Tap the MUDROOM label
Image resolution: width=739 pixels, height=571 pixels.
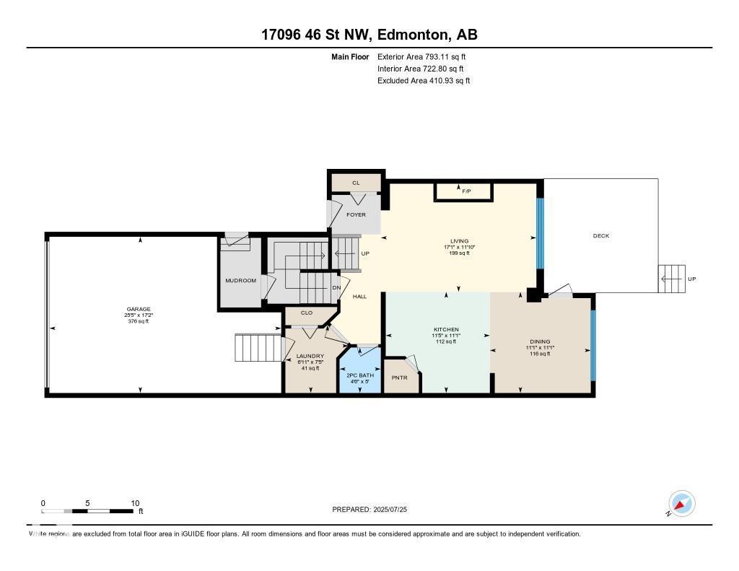pyautogui.click(x=240, y=281)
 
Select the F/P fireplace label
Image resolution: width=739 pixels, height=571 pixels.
pyautogui.click(x=465, y=191)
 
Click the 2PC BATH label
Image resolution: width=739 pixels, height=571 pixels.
pyautogui.click(x=359, y=375)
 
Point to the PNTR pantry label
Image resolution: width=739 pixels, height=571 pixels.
pyautogui.click(x=400, y=377)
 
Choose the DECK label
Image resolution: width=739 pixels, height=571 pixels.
pyautogui.click(x=600, y=236)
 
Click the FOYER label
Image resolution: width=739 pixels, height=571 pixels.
pyautogui.click(x=356, y=215)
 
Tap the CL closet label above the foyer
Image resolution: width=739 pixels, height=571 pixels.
pyautogui.click(x=356, y=183)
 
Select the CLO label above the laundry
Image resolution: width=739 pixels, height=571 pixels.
pyautogui.click(x=306, y=313)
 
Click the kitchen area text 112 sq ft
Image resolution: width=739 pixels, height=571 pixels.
pyautogui.click(x=446, y=341)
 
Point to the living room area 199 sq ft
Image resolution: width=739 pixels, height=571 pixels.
pyautogui.click(x=459, y=253)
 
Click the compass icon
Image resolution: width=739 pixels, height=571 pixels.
pyautogui.click(x=681, y=503)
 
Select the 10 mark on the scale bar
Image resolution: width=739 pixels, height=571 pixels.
pyautogui.click(x=134, y=503)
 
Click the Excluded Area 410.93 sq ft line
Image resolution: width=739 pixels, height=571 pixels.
pyautogui.click(x=423, y=81)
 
